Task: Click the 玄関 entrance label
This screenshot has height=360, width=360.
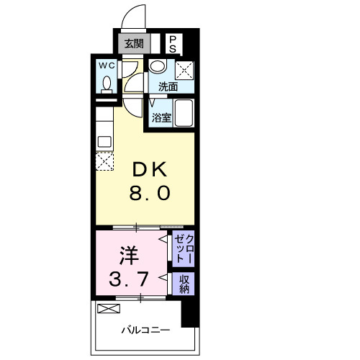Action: point(134,44)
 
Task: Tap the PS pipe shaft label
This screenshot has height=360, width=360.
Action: point(172,45)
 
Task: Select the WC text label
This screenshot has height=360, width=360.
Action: point(107,66)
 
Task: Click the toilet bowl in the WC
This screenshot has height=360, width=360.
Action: point(107,84)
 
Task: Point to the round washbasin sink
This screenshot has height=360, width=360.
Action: point(158,66)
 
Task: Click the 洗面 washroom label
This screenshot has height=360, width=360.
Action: point(168,86)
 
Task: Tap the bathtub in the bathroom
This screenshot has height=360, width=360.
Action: point(184,113)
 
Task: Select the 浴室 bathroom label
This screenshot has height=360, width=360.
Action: point(161,118)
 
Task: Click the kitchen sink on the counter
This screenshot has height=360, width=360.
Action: point(104,142)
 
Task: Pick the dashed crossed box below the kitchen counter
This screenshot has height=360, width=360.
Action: point(104,161)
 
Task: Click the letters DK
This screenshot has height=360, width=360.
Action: point(150,169)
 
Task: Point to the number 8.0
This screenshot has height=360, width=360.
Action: point(150,193)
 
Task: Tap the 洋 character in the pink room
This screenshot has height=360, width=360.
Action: point(130,256)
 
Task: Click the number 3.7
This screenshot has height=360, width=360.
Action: point(128,279)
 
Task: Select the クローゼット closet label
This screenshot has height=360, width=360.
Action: point(184,249)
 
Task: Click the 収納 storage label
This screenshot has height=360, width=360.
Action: point(184,284)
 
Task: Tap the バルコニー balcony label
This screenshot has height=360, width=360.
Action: point(146,330)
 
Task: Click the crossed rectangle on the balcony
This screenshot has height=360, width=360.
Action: point(109,308)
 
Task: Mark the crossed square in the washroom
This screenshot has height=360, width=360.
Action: point(184,71)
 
